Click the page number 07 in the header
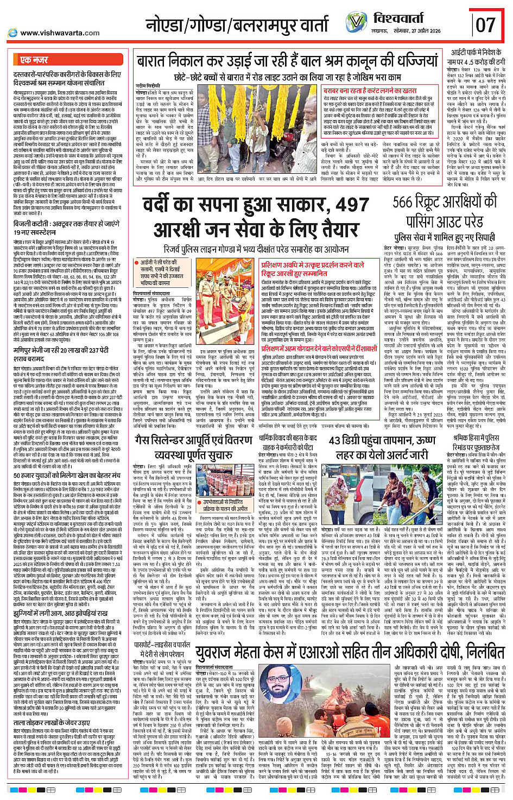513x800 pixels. tap(485, 24)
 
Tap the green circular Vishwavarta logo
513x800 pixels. tap(356, 22)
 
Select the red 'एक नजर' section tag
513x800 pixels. tap(34, 60)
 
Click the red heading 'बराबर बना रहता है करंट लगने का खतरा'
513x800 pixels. tap(370, 91)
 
